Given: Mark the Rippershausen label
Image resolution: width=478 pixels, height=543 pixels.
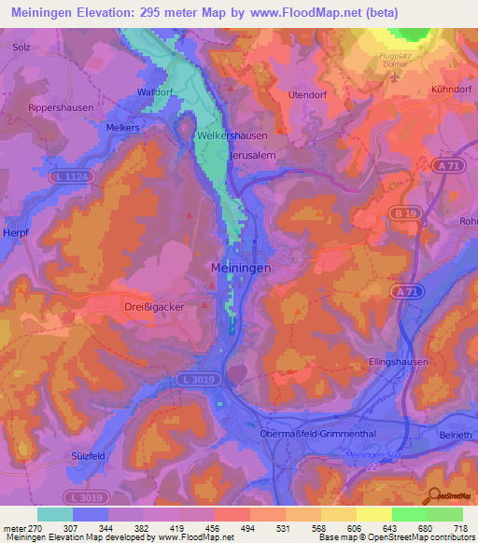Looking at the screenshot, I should click(62, 108).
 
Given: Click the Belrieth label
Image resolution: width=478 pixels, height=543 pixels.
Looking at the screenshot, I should click(456, 436).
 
